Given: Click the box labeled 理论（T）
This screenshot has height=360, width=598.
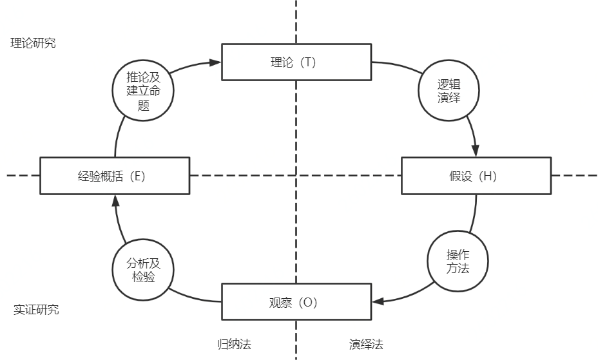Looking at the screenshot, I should coord(296,62).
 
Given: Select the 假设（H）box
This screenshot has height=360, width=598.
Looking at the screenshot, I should coord(476,175).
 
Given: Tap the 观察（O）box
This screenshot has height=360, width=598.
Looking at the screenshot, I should coord(296,301).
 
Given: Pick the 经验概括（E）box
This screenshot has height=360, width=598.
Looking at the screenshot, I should coord(115,175).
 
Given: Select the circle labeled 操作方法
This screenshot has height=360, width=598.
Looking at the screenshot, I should coord(458,261).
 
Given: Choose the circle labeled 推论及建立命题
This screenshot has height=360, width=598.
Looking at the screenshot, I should coord(143,90).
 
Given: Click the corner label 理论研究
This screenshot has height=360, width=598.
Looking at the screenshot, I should coord(34,43).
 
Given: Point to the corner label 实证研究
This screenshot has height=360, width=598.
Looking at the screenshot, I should coord(36,310).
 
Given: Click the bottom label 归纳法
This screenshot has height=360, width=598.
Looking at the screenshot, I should coord(234,344).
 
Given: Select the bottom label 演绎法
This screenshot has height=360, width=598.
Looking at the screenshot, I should coord(367,344).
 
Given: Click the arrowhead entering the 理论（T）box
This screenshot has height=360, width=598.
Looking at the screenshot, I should coord(216,62).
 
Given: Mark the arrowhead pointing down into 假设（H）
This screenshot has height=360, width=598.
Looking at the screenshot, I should coord(476,151).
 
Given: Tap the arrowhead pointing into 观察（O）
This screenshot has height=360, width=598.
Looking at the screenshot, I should coord(378,301).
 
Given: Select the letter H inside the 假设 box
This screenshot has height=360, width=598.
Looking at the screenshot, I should coord(488,176).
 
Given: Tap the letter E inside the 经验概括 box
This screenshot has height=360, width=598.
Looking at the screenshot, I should coord(137,176).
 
